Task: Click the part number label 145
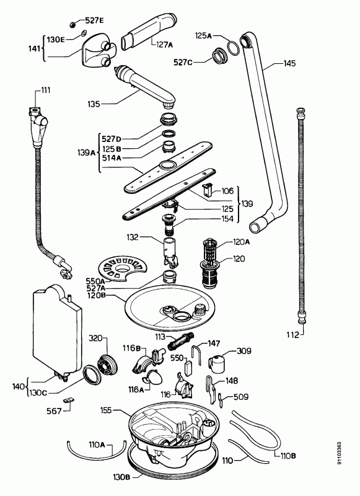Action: tap(289, 63)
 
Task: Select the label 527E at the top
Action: tap(94, 20)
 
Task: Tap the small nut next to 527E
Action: tap(72, 24)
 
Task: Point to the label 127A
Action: tap(164, 45)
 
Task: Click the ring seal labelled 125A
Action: tap(234, 48)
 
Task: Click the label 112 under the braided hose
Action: tap(292, 334)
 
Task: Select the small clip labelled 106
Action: tap(206, 190)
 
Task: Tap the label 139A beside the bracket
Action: tap(86, 153)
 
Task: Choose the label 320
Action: tap(95, 339)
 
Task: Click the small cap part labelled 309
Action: tap(217, 363)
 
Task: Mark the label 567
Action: tap(54, 411)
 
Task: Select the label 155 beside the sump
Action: tap(106, 410)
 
